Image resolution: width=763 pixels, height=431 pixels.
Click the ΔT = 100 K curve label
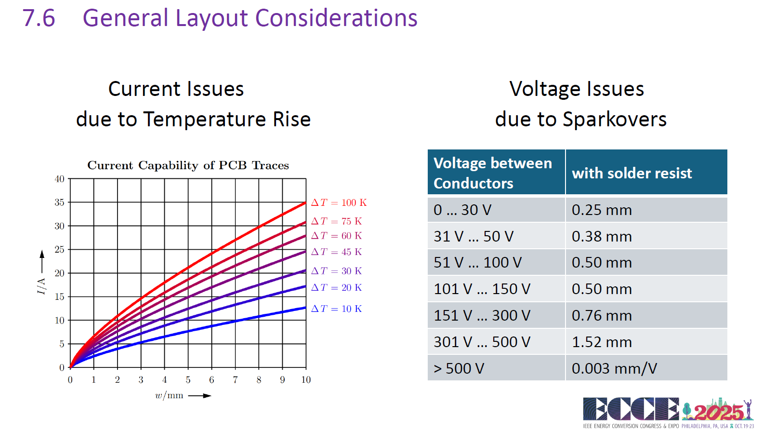[x=339, y=202]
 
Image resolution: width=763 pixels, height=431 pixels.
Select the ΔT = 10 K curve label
[x=336, y=309]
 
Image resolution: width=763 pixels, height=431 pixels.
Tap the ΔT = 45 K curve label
[x=336, y=252]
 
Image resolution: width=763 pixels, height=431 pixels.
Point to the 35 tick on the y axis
[x=59, y=202]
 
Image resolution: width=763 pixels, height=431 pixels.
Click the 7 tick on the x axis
[x=235, y=380]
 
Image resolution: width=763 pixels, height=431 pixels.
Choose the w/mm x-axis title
[x=169, y=396]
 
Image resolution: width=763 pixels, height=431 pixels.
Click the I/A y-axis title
[x=41, y=285]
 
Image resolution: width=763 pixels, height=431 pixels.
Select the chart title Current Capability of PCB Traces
[x=188, y=165]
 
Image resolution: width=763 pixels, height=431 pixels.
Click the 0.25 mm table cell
[x=602, y=210]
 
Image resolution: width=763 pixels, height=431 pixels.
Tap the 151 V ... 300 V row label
[x=482, y=315]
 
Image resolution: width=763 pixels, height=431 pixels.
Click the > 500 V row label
[x=459, y=368]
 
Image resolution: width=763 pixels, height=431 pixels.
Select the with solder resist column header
[x=631, y=173]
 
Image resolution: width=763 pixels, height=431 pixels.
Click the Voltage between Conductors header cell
[x=492, y=173]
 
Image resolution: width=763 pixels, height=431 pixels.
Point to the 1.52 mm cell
[x=602, y=342]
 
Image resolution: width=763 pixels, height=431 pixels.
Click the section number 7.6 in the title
[x=39, y=18]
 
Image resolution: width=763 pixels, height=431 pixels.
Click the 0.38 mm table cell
[x=602, y=236]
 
